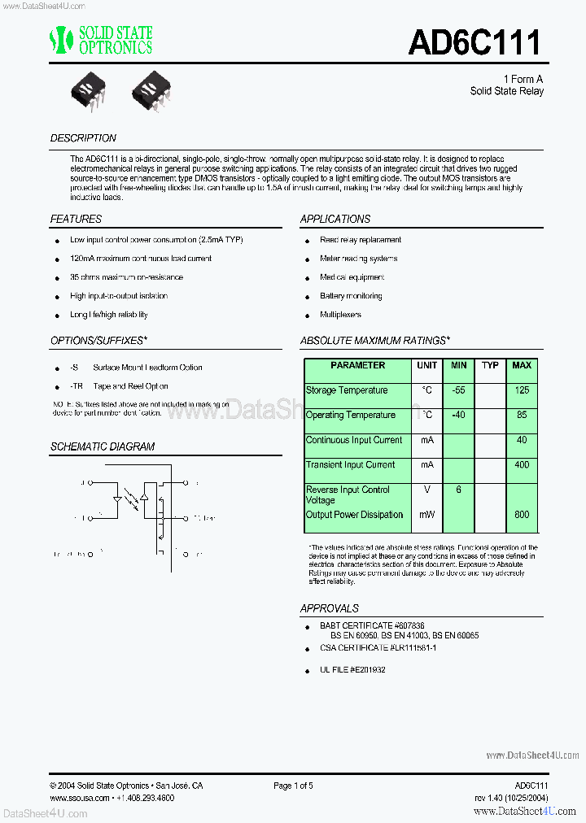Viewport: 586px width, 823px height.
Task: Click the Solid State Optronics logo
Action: tap(101, 40)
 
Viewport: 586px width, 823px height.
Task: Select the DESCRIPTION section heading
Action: tap(83, 138)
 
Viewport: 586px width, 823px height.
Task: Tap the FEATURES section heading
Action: tap(76, 219)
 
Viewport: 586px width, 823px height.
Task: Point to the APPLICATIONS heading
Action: tap(335, 219)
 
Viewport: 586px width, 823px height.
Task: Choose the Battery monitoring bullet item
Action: tap(351, 296)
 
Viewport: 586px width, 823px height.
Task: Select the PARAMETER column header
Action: tap(358, 366)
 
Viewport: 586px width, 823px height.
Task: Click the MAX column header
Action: tap(521, 366)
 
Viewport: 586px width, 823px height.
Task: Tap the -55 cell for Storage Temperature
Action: tap(459, 390)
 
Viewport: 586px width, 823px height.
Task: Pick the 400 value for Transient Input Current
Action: tap(521, 465)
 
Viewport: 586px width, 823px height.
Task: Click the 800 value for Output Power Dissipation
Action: tap(521, 515)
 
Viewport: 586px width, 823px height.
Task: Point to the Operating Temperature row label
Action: tap(350, 416)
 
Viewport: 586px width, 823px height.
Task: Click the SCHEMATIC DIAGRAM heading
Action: tap(102, 446)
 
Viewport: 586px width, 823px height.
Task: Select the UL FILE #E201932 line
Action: tap(352, 669)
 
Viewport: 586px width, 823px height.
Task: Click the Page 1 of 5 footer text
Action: tap(293, 786)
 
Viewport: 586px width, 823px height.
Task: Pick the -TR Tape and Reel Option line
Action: tap(120, 386)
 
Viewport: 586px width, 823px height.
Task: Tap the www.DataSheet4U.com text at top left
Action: tap(42, 5)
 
